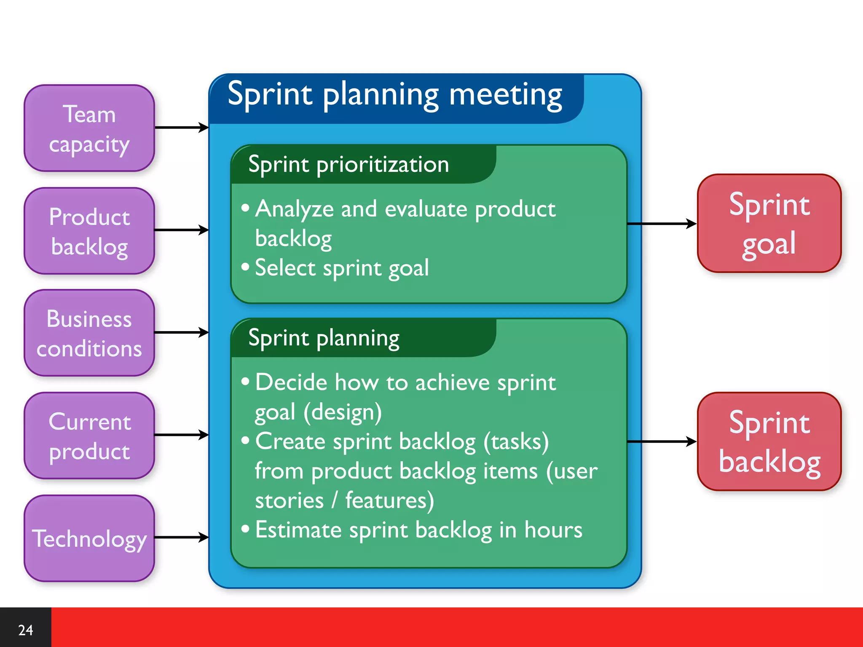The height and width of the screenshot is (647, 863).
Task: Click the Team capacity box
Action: click(89, 128)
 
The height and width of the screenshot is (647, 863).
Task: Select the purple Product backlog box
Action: click(89, 231)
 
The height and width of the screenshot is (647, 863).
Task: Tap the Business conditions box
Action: click(89, 333)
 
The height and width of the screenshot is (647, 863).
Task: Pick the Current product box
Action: click(89, 436)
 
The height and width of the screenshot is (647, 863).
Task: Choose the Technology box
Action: click(89, 538)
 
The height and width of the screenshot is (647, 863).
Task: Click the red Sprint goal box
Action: click(769, 223)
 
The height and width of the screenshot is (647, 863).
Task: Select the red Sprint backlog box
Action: click(769, 441)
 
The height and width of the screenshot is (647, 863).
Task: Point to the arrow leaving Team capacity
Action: click(181, 127)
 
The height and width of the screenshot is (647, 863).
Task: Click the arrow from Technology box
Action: click(181, 537)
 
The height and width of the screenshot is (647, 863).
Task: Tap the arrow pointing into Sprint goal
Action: click(662, 224)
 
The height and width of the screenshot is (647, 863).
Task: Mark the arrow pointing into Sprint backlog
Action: click(662, 441)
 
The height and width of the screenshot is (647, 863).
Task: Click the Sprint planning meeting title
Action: click(395, 95)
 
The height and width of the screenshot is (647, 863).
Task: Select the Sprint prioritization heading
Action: click(348, 164)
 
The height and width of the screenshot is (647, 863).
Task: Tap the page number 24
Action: click(26, 630)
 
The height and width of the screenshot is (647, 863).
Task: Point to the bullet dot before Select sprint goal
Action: click(245, 267)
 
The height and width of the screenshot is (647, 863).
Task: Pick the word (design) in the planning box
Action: click(343, 412)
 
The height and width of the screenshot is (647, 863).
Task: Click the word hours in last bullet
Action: click(553, 530)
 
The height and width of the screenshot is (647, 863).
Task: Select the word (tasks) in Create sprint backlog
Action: click(516, 441)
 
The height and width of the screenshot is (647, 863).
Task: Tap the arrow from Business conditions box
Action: click(181, 332)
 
